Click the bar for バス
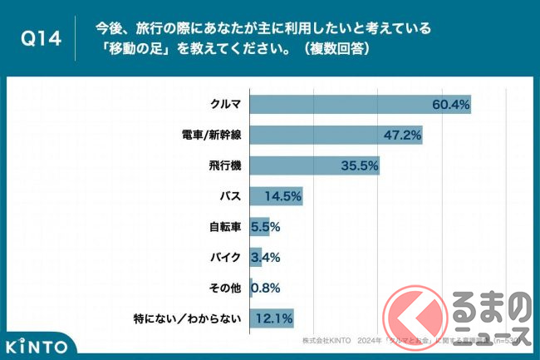tap(276, 196)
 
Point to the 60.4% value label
tap(451, 105)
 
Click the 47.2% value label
tap(402, 135)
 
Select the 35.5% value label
tap(360, 165)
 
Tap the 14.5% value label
tap(282, 196)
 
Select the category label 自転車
tap(224, 226)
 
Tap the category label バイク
tap(224, 257)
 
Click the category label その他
tap(224, 288)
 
